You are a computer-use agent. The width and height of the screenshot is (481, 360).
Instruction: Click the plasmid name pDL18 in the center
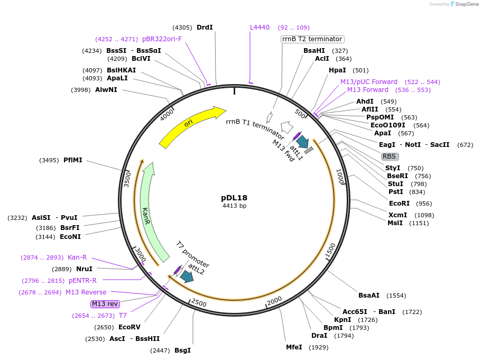point(234,198)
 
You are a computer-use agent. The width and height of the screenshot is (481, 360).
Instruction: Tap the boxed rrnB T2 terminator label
point(312,39)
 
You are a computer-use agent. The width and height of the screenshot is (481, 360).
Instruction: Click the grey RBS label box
point(390,156)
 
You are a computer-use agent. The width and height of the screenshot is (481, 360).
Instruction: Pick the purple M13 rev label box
point(105,304)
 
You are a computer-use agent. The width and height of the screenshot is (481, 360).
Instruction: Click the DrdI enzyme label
point(205,27)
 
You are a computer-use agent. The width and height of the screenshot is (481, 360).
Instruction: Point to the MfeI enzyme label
point(294,347)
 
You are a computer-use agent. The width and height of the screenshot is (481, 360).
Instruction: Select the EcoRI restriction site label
point(400,204)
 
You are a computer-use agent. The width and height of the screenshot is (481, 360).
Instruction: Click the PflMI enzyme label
point(73,160)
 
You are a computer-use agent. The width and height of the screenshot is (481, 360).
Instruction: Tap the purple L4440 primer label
point(260,27)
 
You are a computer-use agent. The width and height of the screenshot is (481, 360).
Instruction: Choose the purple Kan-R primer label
point(77,257)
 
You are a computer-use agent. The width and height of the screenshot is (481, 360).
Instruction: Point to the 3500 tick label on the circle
point(127,178)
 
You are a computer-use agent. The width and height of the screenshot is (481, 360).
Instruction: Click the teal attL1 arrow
point(302,142)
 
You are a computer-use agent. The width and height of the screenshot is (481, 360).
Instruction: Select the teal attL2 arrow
point(187,276)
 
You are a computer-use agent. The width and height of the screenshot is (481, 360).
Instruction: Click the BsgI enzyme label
point(182,350)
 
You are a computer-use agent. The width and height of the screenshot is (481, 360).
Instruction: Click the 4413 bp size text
point(234,206)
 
